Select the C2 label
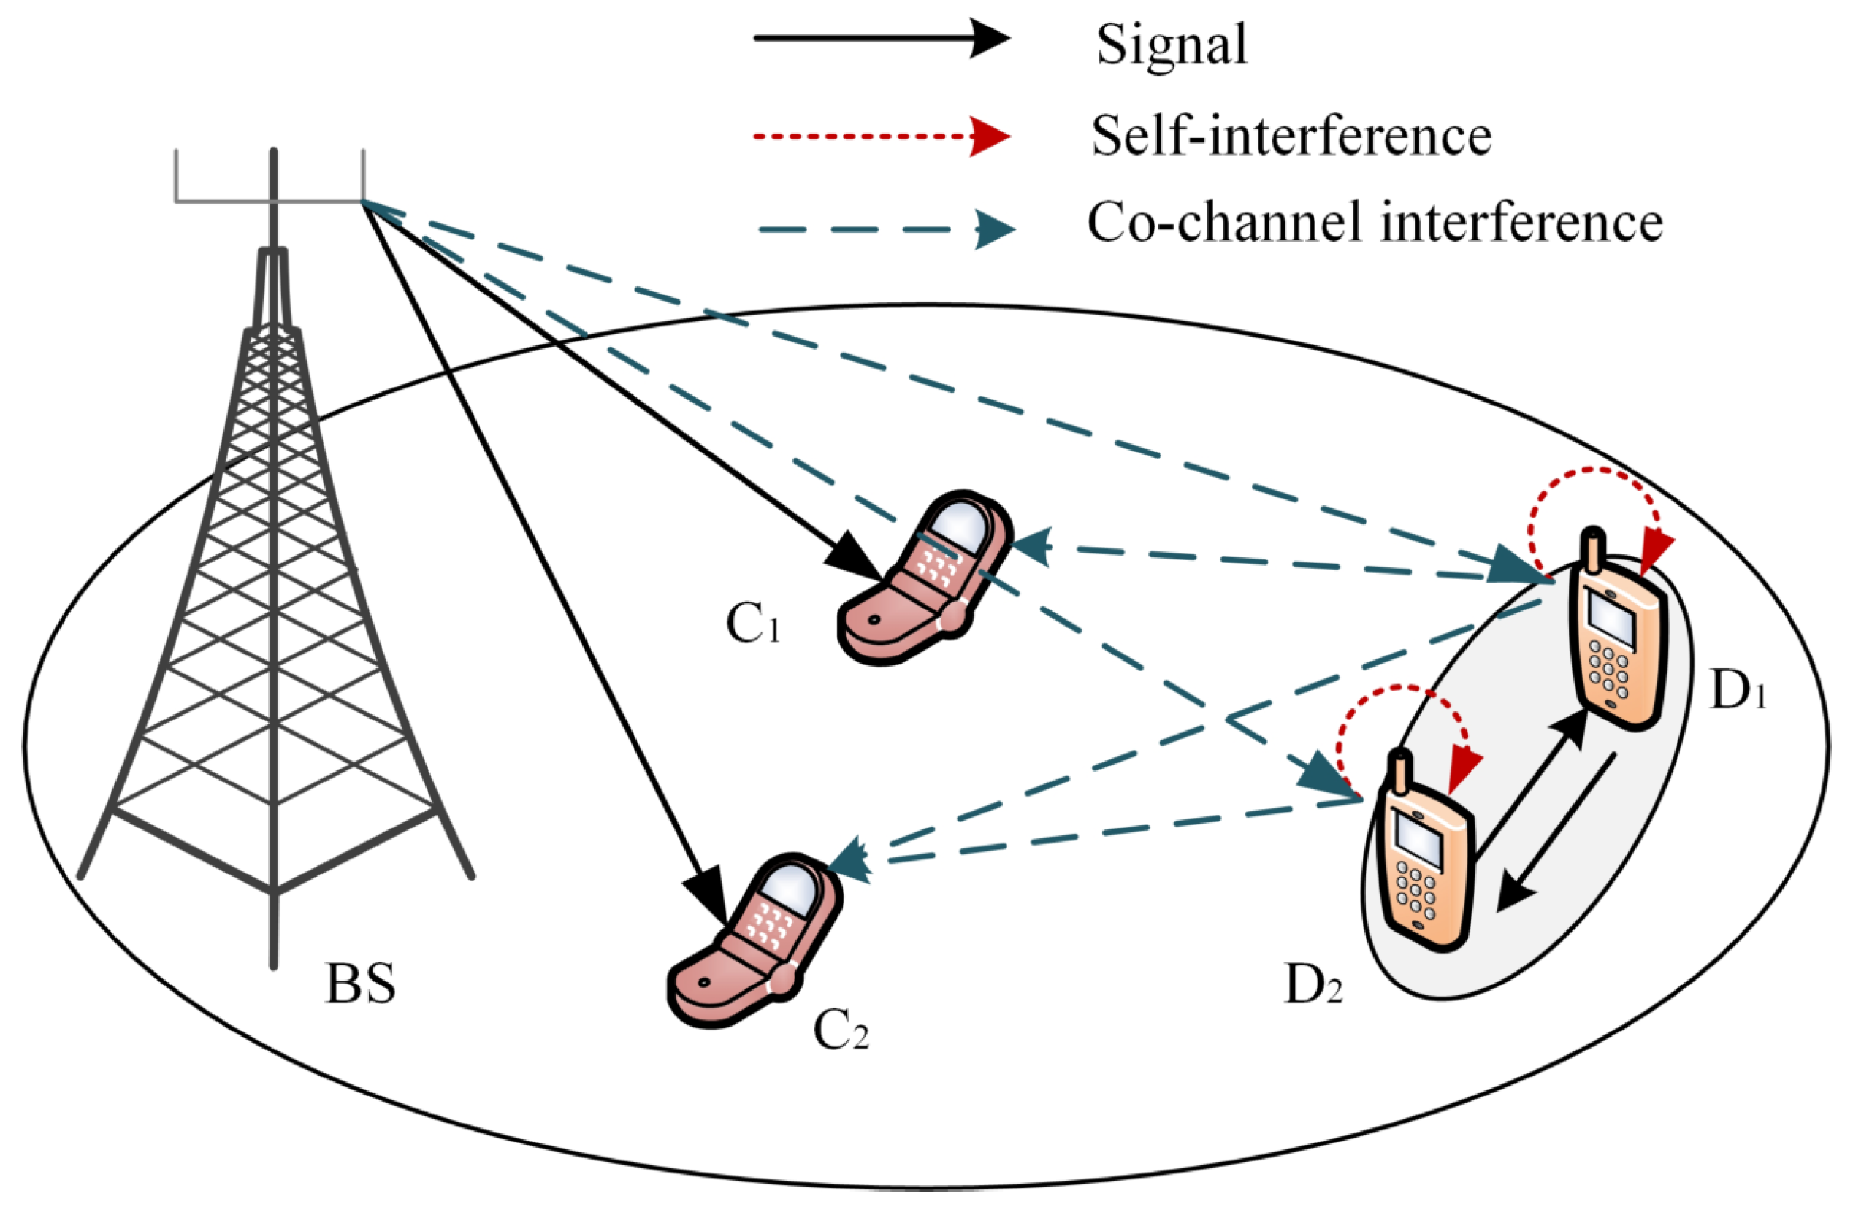(x=841, y=1032)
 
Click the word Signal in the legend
(x=1172, y=45)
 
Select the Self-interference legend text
(x=1291, y=137)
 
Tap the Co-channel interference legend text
(x=1375, y=223)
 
